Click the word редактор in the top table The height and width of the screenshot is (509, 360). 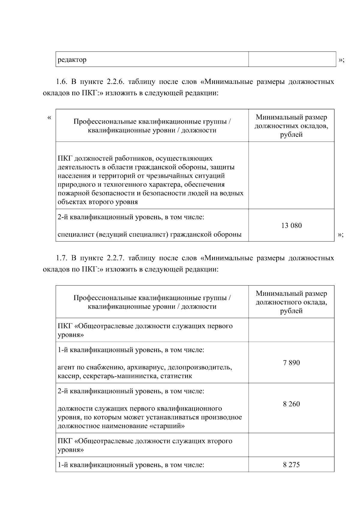[72, 60]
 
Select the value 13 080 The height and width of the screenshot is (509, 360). [291, 226]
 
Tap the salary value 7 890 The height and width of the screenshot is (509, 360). [291, 363]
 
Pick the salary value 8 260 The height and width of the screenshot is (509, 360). [291, 404]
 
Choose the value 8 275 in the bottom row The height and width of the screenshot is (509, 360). [291, 465]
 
